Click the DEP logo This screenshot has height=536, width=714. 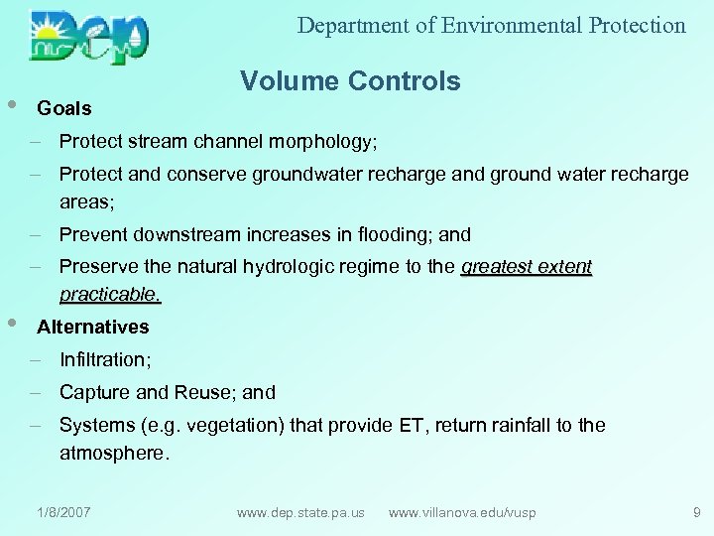pos(89,36)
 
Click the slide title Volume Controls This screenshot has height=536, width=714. pos(350,81)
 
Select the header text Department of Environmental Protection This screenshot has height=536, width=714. pos(491,26)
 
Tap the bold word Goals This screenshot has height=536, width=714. pos(64,108)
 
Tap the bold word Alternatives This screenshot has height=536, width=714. pos(93,327)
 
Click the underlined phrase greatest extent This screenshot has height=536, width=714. pos(527,266)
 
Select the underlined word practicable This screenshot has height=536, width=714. pos(109,295)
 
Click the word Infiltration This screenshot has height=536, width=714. pos(103,359)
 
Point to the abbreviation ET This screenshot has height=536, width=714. pos(411,425)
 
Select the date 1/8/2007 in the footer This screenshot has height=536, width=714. pos(63,512)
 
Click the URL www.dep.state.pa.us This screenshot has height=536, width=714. pos(300,512)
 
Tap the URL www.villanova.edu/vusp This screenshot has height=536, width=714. pos(462,512)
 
